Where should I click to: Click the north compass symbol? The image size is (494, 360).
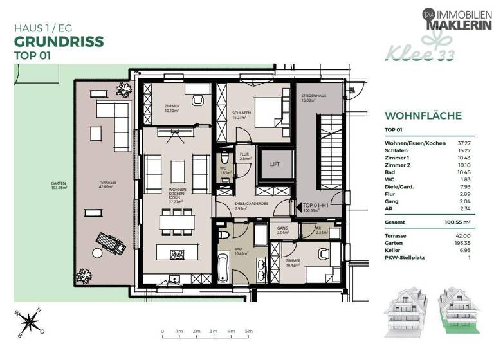[28, 320]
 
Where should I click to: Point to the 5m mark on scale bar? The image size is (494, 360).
[248, 332]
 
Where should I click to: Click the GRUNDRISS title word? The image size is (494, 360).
[59, 42]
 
